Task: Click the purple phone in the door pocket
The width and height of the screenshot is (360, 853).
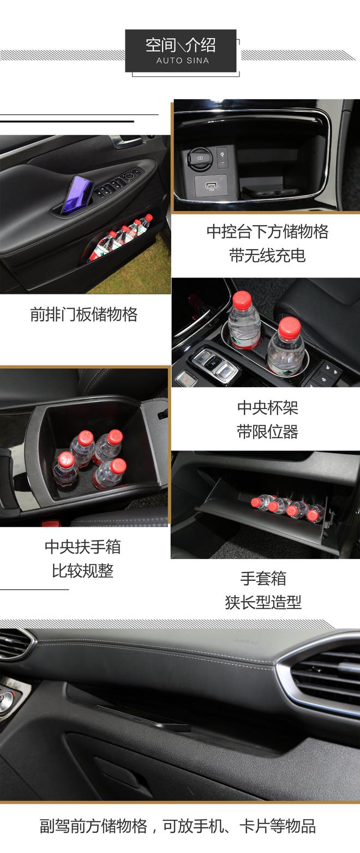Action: click(77, 194)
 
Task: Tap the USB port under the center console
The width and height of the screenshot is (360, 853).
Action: click(211, 185)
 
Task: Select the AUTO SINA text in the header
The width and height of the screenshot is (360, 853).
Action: click(182, 61)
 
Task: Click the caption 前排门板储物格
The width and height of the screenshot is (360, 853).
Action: click(84, 315)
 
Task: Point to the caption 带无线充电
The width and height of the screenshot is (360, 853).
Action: click(267, 255)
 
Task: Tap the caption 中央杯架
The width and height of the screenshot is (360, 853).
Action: click(267, 407)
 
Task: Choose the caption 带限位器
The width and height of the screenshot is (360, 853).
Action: click(267, 432)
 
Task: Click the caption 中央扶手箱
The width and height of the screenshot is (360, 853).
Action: click(83, 547)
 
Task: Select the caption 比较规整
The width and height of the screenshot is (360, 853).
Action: click(83, 571)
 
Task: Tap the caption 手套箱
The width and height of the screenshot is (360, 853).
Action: click(263, 578)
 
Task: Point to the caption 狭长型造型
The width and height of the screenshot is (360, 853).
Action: click(263, 602)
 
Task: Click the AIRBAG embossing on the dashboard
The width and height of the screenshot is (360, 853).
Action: click(246, 642)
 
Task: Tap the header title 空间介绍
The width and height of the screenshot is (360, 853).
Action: click(181, 45)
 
